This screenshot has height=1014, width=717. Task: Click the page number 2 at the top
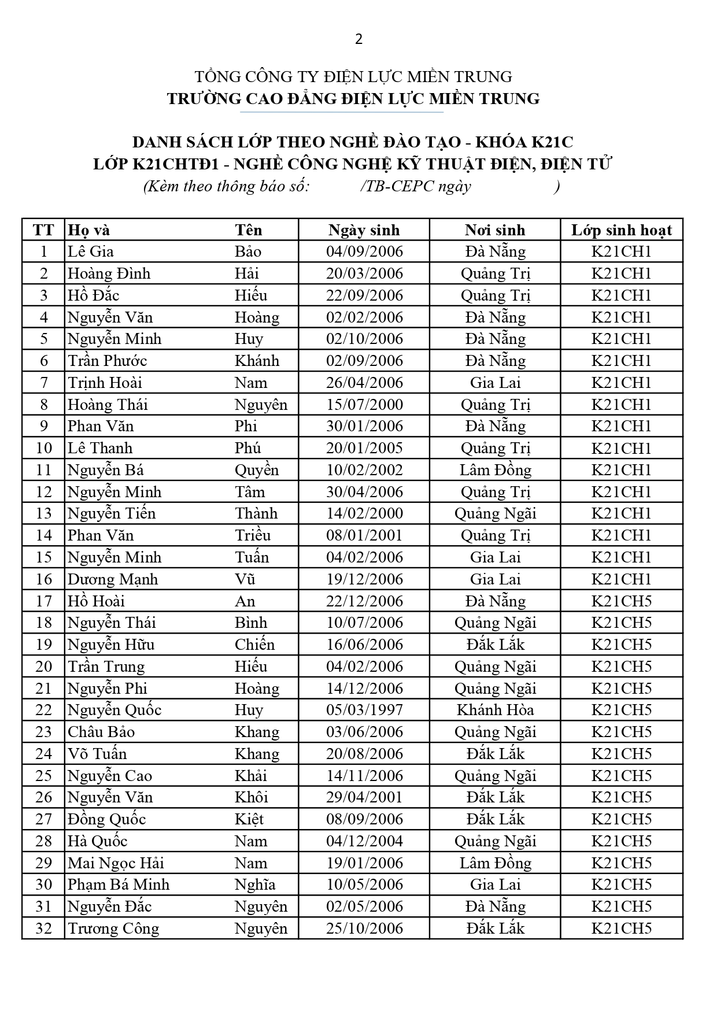coord(358,39)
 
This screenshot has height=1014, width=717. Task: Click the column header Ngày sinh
coord(364,230)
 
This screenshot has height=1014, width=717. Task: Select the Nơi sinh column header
coord(495,230)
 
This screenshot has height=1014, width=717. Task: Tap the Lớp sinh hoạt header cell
coord(622,230)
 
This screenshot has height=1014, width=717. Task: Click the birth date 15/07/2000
coord(364,405)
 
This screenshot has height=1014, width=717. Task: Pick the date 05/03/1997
coord(364,710)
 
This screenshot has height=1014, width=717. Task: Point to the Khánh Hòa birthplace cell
coord(495,710)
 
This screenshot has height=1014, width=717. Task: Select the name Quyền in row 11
coord(257,470)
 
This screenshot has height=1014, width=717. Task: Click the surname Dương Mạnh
coord(113,579)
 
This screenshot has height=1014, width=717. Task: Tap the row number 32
coord(44,928)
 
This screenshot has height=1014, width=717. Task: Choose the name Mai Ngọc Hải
coord(116,863)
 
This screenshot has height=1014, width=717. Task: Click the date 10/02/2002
coord(364,470)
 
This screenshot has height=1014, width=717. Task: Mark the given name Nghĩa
coord(255,885)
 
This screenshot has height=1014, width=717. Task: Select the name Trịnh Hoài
coord(105,383)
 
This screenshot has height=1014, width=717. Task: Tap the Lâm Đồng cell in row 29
coord(495,863)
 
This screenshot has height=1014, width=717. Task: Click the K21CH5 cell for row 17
coord(622,601)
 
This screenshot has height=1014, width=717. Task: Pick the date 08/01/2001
coord(364,535)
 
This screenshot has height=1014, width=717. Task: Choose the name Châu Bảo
coord(101,732)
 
